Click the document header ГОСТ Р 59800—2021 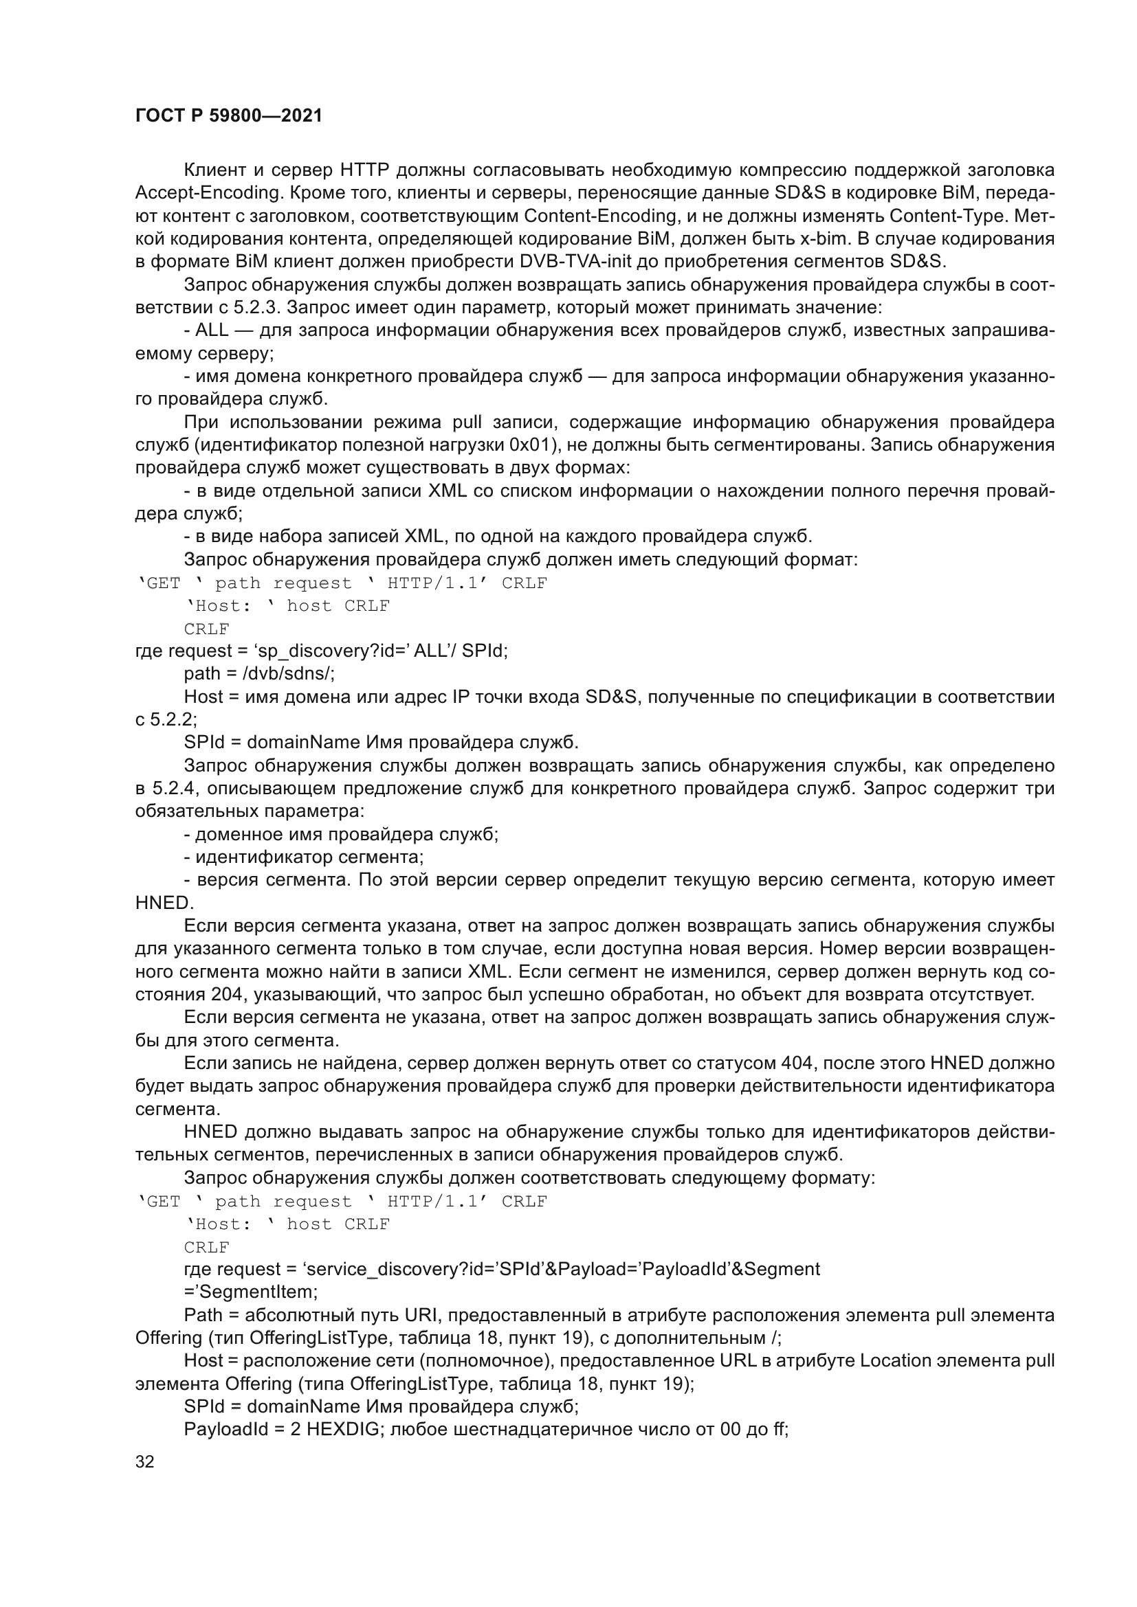[229, 116]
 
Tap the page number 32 [144, 1461]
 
